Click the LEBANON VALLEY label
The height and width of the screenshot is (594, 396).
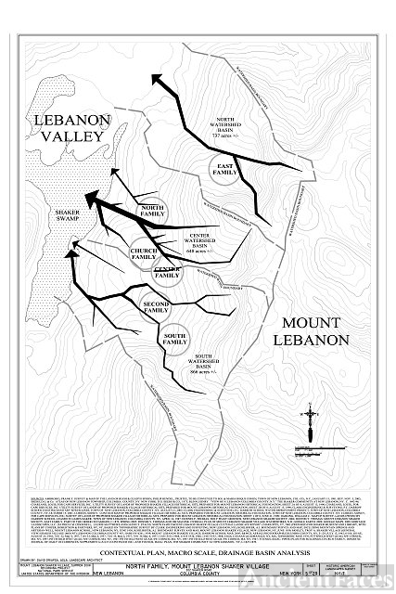pos(72,132)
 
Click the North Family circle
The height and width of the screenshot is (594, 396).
pos(151,211)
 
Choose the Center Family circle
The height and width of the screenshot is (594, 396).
pos(167,272)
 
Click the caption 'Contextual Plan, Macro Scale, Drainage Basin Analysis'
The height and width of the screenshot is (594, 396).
pos(198,552)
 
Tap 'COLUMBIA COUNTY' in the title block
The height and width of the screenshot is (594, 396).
pos(199,573)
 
